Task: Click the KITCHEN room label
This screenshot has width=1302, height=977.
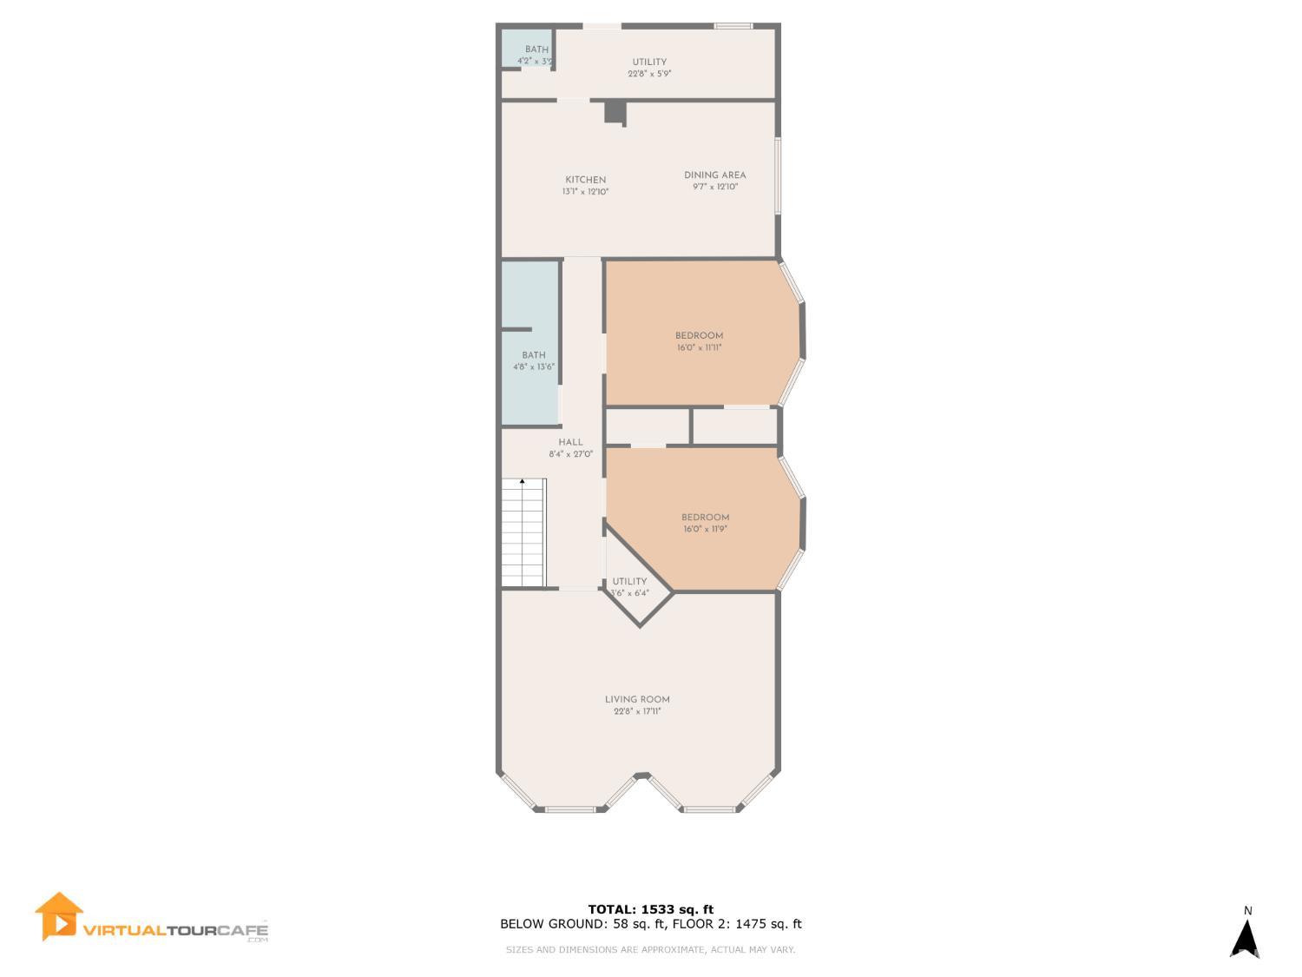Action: coord(585,180)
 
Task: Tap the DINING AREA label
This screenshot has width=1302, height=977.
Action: coord(714,175)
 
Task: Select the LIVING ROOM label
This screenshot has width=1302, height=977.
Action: coord(637,699)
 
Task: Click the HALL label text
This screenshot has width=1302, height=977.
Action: coord(570,442)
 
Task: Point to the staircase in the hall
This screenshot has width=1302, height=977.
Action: coord(523,532)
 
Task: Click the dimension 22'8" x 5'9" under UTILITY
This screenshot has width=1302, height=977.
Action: coord(649,74)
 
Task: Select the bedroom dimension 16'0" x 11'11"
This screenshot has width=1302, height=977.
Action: coord(699,347)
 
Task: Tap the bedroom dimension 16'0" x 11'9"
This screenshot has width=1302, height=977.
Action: coord(705,529)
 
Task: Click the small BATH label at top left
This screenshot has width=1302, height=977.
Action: coord(536,50)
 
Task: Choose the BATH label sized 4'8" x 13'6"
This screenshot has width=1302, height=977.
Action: coord(534,355)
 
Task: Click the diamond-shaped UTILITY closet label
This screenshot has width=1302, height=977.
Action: coord(629,582)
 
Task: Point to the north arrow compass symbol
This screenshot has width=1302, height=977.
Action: coord(1246,940)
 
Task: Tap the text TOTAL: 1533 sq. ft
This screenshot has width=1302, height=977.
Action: coord(650,909)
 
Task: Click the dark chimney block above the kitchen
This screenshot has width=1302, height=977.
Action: coord(615,112)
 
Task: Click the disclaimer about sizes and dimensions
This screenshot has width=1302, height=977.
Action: coord(650,950)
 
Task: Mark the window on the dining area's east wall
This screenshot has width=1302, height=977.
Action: coord(778,175)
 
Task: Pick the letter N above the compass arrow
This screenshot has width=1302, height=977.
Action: coord(1248,911)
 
